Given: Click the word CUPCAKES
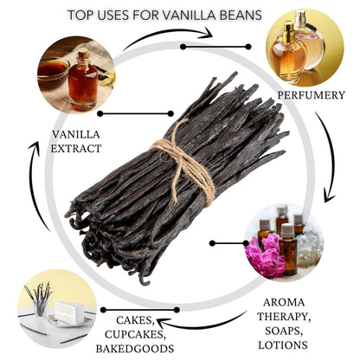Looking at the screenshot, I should pyautogui.click(x=136, y=335).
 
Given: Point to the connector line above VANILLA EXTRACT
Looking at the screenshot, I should pyautogui.click(x=125, y=113).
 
